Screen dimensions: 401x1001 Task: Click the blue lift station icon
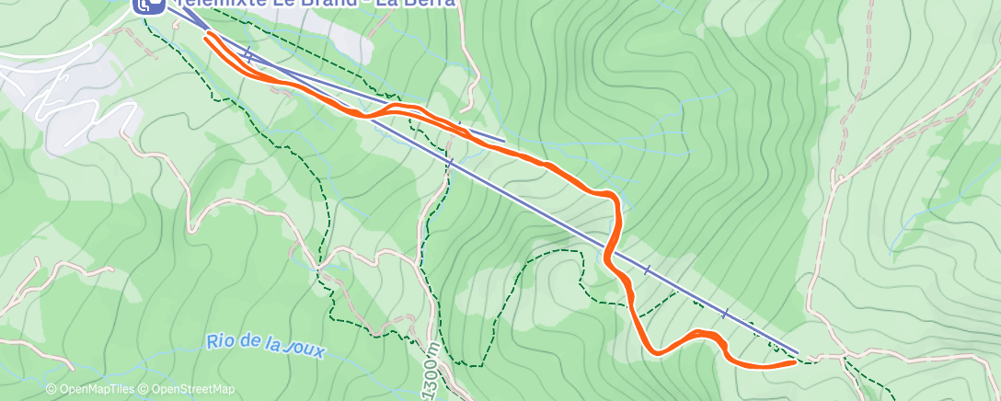(x=148, y=5)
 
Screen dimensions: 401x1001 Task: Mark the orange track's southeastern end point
(x=793, y=362)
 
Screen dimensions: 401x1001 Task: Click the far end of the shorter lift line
(x=504, y=141)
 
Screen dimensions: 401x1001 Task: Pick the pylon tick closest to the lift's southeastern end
(x=725, y=313)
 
